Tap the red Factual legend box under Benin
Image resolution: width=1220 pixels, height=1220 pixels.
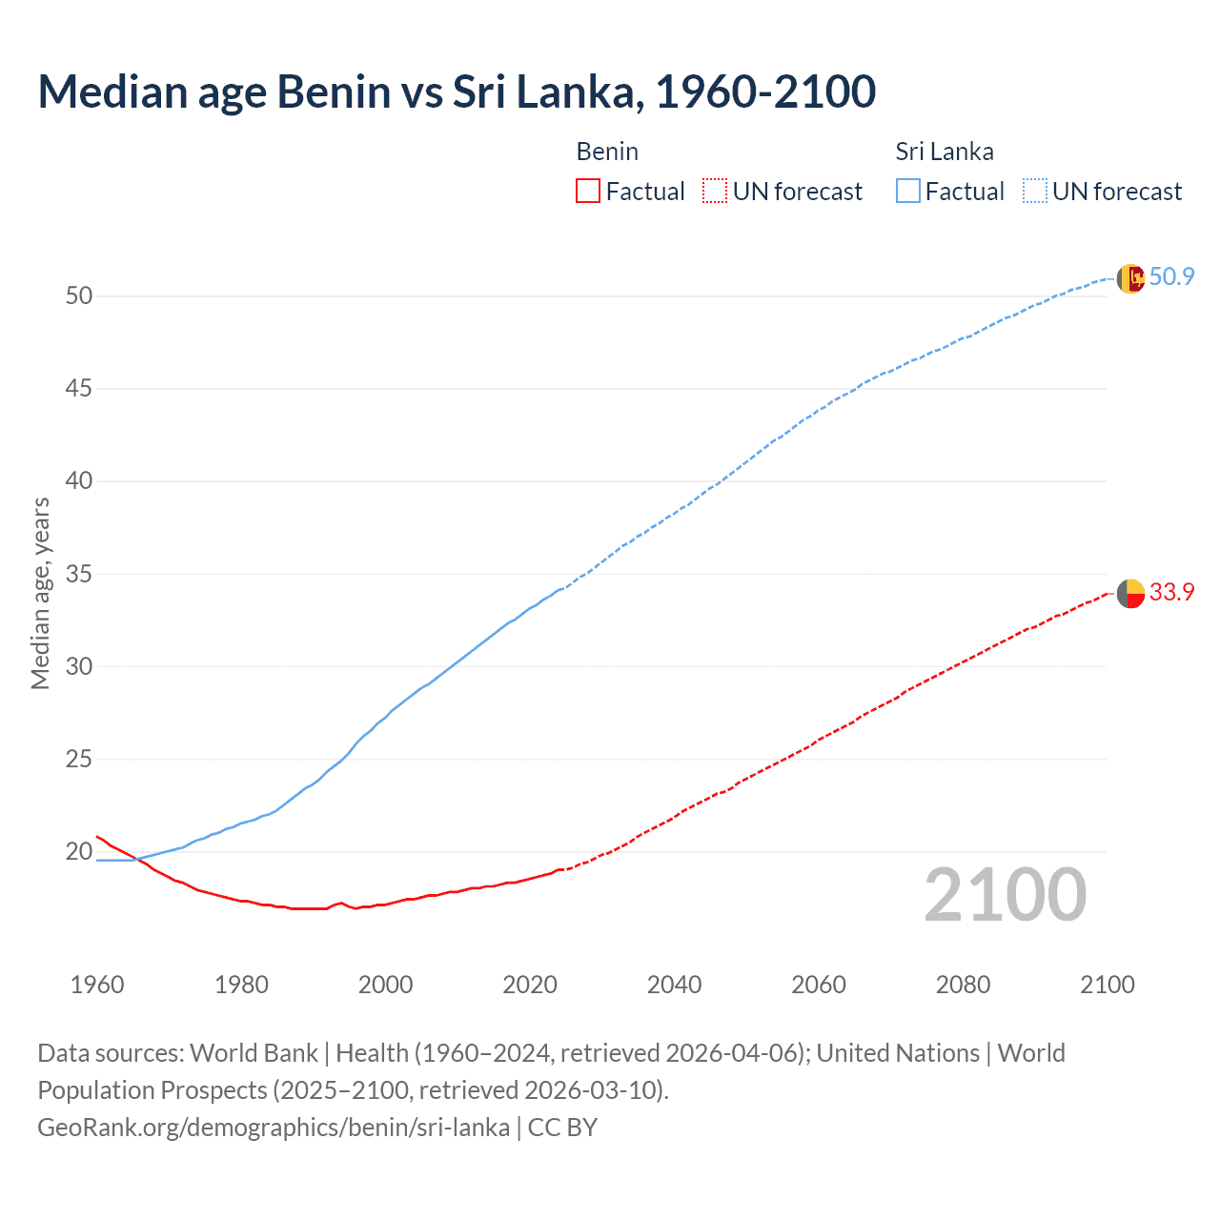click(x=588, y=191)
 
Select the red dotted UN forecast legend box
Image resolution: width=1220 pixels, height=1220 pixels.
click(x=715, y=191)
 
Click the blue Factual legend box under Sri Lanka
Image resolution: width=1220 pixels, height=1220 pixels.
click(x=908, y=191)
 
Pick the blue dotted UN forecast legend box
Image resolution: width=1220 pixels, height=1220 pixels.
click(x=1035, y=191)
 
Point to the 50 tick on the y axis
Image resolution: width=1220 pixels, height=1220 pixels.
click(x=79, y=295)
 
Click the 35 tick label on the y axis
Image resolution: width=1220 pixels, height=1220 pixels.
click(x=79, y=574)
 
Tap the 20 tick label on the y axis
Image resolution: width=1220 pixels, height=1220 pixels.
click(x=79, y=851)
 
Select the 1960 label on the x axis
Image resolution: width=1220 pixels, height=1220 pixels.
click(x=97, y=985)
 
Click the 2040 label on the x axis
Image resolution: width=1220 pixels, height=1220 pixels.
click(x=674, y=985)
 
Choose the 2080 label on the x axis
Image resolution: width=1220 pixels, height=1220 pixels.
click(x=963, y=985)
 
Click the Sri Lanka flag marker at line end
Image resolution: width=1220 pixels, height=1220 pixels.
click(x=1130, y=278)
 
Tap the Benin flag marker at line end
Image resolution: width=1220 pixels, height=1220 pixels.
click(x=1130, y=593)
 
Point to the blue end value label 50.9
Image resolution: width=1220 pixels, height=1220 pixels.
click(x=1171, y=276)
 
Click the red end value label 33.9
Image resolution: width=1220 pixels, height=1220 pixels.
click(x=1171, y=592)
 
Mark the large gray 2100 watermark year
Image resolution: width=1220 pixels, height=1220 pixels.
click(x=1005, y=895)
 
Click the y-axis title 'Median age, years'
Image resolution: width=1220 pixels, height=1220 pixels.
click(x=40, y=593)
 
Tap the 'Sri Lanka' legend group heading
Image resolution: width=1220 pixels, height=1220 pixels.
click(x=944, y=152)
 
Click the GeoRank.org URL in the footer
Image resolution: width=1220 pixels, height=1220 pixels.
click(x=274, y=1128)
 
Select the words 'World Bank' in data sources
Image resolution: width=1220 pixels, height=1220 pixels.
click(x=254, y=1053)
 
